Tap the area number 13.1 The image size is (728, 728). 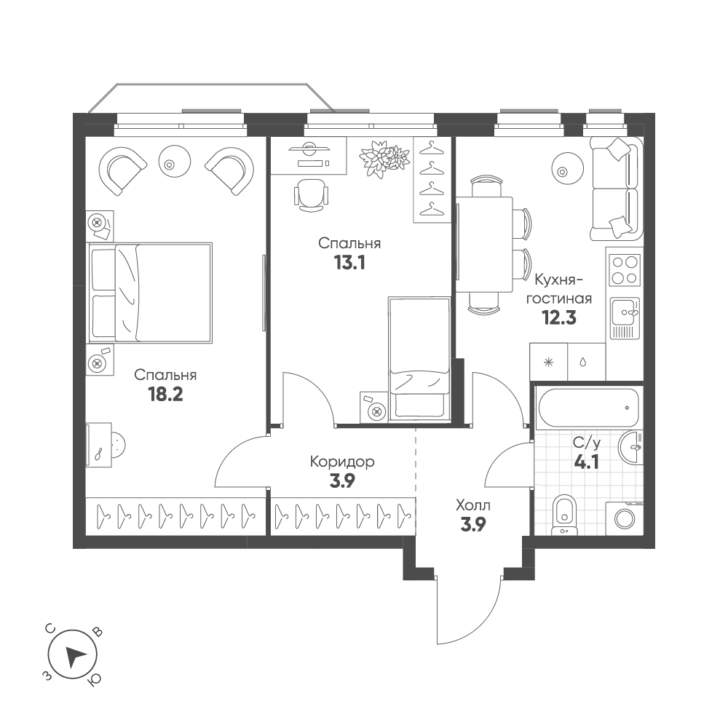pos(349,261)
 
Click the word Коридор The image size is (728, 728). pos(342,462)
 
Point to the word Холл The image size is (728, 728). pos(473,505)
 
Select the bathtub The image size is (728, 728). pos(587,408)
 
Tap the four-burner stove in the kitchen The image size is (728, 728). pos(624,270)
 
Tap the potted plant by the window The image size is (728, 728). pos(384,159)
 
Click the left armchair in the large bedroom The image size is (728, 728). pos(124,170)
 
